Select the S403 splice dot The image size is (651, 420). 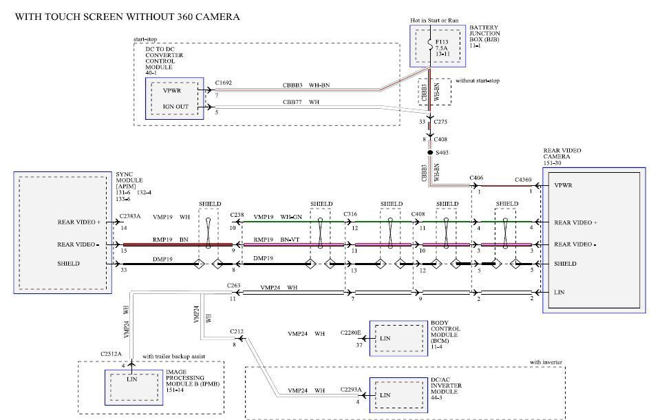(x=430, y=152)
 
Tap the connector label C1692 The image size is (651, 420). (x=224, y=83)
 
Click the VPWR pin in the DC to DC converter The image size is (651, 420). (x=172, y=90)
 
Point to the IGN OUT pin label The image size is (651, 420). (x=175, y=107)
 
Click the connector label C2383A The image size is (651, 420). (x=130, y=216)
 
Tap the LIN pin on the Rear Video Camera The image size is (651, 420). (x=561, y=292)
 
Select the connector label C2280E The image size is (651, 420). (x=351, y=333)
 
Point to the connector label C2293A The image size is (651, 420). (x=351, y=390)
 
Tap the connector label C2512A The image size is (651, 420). (x=110, y=354)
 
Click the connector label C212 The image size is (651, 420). (x=237, y=332)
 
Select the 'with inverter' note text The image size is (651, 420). (x=546, y=362)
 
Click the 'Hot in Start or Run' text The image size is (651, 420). (x=434, y=21)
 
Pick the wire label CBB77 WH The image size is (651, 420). (x=301, y=102)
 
